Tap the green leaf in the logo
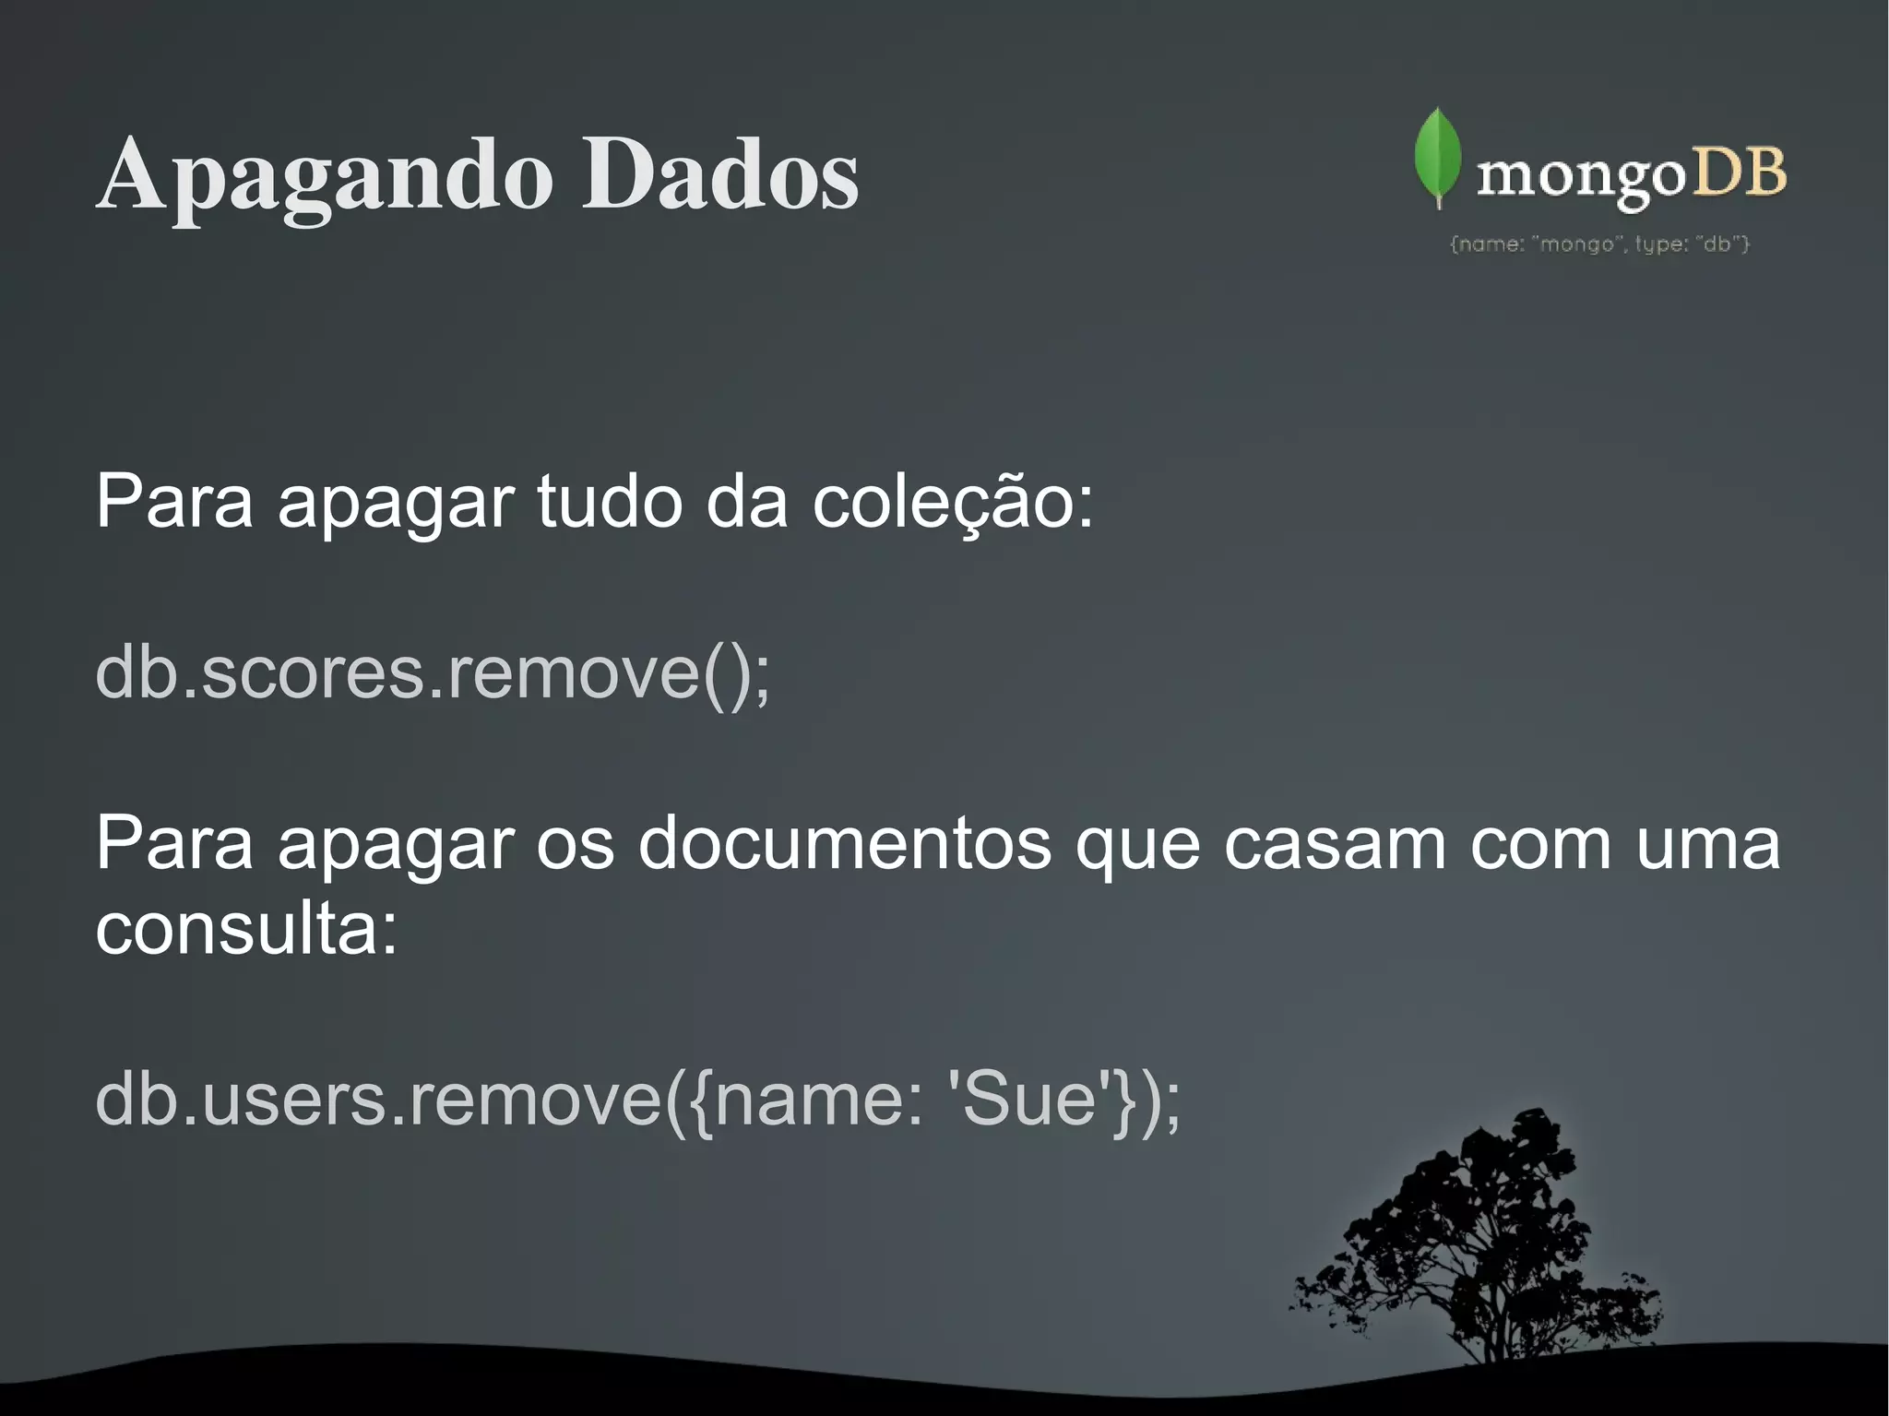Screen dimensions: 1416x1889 [x=1437, y=157]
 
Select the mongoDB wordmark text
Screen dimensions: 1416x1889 [x=1631, y=175]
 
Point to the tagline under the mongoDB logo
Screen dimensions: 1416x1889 [x=1600, y=244]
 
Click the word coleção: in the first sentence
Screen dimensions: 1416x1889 [x=952, y=503]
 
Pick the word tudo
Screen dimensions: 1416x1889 [x=610, y=503]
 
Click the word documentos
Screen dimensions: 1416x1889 [x=844, y=844]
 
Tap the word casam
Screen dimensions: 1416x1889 [x=1335, y=844]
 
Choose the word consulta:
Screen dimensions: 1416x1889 [x=246, y=927]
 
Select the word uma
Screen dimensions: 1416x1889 [x=1707, y=844]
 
